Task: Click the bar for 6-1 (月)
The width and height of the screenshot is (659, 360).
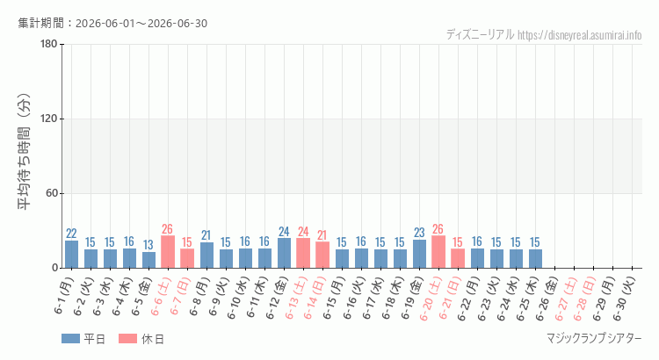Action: [x=71, y=254]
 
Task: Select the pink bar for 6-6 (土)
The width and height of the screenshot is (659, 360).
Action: [x=168, y=252]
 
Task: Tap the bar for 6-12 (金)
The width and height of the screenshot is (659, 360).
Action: [x=284, y=253]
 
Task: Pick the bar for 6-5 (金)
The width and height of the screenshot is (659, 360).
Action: [x=148, y=260]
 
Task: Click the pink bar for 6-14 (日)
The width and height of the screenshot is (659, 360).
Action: [x=322, y=255]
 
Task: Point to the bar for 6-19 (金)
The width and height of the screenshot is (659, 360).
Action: [x=419, y=254]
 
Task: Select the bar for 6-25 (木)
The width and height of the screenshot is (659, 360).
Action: [x=535, y=259]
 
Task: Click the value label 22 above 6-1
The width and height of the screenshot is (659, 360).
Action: [x=71, y=234]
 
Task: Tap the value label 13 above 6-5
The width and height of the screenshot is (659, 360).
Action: [x=148, y=245]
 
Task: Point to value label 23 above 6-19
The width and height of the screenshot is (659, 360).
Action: [x=419, y=233]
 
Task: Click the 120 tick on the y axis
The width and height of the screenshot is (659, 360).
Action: [x=48, y=119]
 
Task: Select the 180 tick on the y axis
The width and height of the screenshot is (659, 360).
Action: [x=48, y=44]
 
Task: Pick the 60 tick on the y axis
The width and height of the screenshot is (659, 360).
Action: [x=52, y=194]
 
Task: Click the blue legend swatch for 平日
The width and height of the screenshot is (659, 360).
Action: [x=70, y=339]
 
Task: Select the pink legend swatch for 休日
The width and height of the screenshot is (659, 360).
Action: [x=127, y=339]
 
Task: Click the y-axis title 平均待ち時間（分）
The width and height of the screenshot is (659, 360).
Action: [x=24, y=152]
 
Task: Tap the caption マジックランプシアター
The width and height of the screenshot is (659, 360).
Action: [x=594, y=339]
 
